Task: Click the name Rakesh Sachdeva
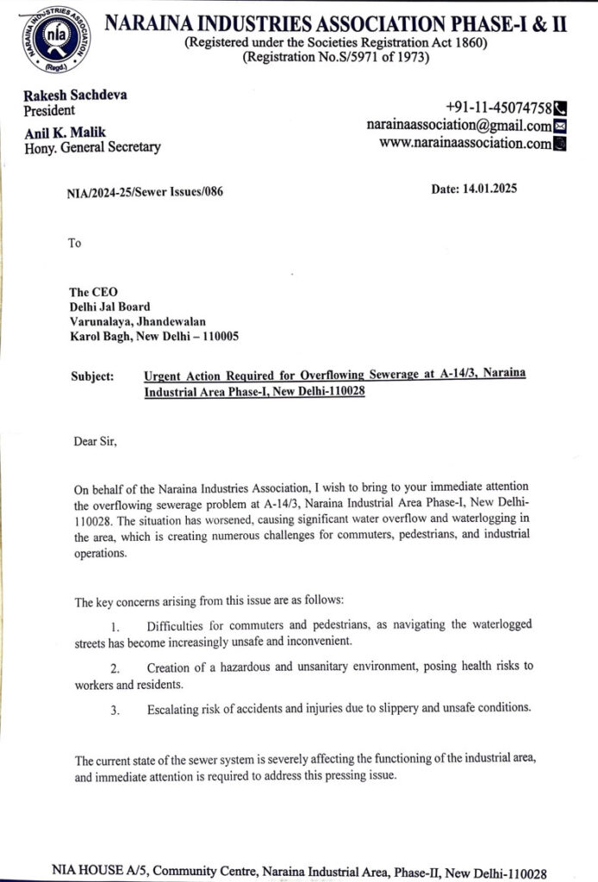(x=76, y=95)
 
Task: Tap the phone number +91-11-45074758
(x=498, y=108)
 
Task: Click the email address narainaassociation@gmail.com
(x=458, y=126)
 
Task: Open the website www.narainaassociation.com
(x=464, y=144)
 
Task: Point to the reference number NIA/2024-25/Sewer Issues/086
(x=144, y=192)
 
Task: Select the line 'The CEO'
(x=92, y=292)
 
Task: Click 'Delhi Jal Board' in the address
(x=109, y=307)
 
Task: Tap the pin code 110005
(x=219, y=337)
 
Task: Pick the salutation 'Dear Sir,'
(x=95, y=442)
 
